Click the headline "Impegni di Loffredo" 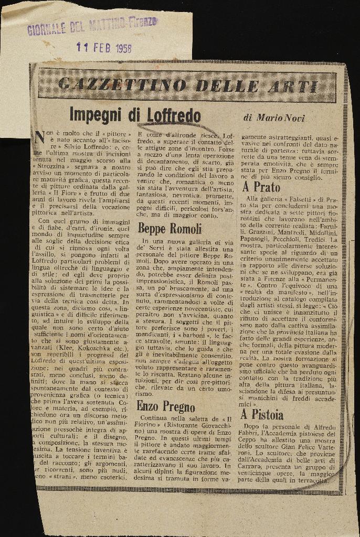135,115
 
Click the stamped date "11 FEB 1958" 104,47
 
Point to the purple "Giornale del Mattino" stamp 91,25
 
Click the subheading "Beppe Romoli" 170,228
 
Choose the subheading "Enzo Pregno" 166,406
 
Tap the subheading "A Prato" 261,187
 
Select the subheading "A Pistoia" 262,415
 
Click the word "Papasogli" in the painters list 259,238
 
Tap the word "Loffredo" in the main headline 173,115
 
